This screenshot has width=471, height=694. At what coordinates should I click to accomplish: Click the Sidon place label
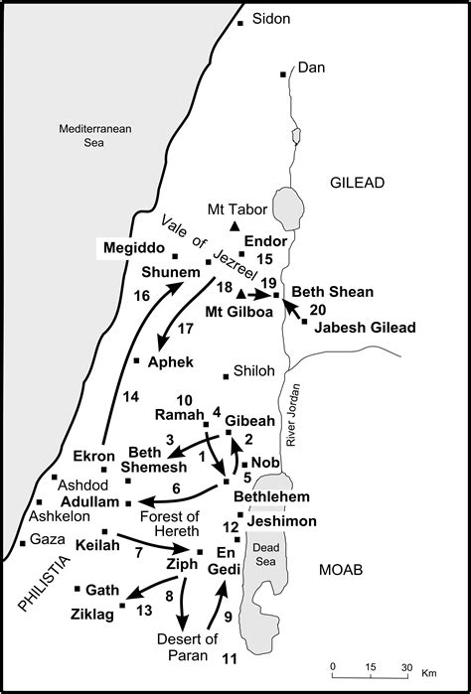point(272,18)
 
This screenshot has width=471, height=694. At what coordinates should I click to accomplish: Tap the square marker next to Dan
point(282,74)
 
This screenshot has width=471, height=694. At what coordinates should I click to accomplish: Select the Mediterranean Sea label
point(86,135)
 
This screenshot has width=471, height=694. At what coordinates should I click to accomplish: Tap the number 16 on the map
point(140,295)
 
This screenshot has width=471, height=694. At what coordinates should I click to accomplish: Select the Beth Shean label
point(332,292)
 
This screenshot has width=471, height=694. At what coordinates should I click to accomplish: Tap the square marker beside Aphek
point(136,360)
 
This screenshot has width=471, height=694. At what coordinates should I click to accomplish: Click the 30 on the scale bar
point(405,666)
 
